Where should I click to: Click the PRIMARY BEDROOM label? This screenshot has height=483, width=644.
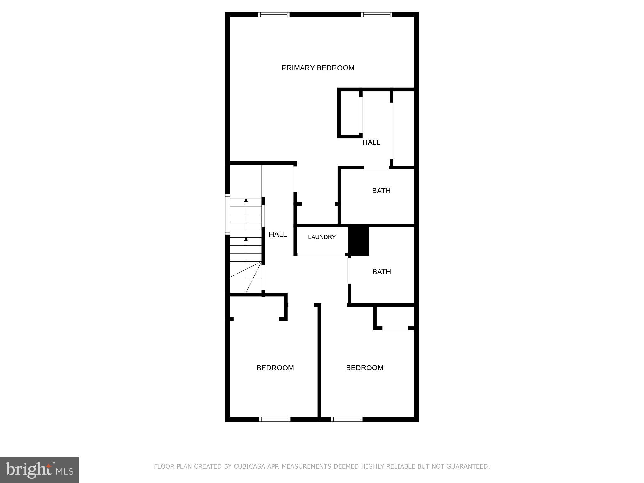point(318,68)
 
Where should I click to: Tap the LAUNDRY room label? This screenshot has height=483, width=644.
point(322,237)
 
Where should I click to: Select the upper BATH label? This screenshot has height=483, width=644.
point(381,191)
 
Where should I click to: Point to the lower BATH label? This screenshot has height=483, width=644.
point(381,272)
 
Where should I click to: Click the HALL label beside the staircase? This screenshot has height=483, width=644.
point(278,234)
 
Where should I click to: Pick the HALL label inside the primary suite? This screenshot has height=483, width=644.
point(371,142)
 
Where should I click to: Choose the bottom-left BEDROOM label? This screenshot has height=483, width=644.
point(275,368)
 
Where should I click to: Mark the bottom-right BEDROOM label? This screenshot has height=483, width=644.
point(364,368)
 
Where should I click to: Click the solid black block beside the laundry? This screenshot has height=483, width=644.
point(359,241)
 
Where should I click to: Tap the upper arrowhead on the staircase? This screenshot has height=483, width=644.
point(246,200)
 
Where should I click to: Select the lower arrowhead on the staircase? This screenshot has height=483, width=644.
point(246,240)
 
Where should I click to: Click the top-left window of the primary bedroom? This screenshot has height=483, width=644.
point(274,14)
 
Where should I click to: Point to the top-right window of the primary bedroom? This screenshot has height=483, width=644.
point(377,14)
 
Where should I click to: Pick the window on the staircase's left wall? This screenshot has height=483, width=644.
point(228,214)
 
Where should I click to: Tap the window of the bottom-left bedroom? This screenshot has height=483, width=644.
point(275,419)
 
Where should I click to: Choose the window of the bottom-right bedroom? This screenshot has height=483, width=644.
point(347,419)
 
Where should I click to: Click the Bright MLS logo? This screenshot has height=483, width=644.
point(39,470)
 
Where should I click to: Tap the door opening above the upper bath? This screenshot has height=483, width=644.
point(376,168)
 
